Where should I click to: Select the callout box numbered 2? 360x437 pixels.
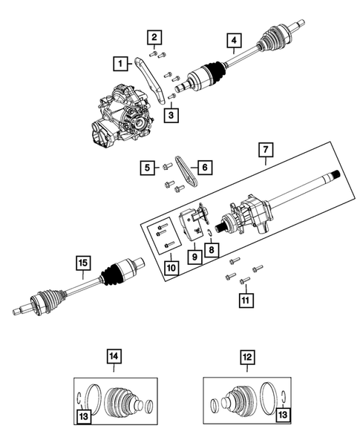pyautogui.click(x=154, y=37)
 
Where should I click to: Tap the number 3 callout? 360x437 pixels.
pyautogui.click(x=170, y=115)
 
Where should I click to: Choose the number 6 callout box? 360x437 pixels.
pyautogui.click(x=203, y=168)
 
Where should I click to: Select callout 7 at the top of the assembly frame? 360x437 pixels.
pyautogui.click(x=265, y=150)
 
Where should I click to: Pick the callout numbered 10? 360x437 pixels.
pyautogui.click(x=170, y=266)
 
